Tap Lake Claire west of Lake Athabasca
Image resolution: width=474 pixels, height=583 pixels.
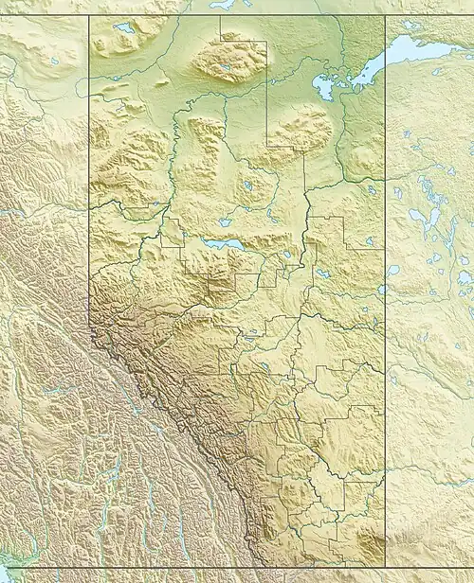coord(327,88)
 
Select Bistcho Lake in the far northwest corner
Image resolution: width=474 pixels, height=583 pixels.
coord(123,28)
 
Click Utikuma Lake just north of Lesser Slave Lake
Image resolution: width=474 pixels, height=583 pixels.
coord(225,222)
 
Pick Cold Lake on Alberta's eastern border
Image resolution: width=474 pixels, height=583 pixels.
coord(381,290)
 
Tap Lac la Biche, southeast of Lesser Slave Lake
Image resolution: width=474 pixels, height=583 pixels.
coord(322,273)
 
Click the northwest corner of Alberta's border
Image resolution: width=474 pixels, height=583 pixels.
coord(89,15)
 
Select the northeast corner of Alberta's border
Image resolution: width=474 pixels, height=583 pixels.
coord(384,15)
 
